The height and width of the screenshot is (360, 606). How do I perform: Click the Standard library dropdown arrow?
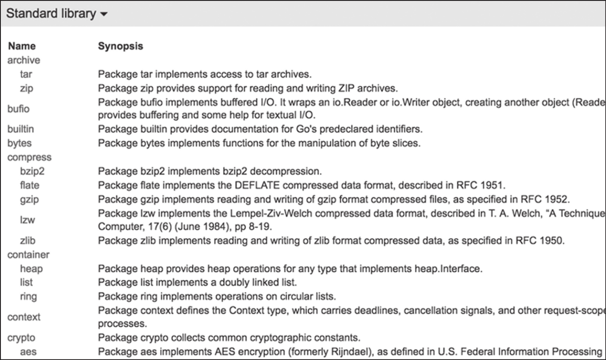(x=104, y=14)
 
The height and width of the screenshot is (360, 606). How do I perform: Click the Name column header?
(x=22, y=46)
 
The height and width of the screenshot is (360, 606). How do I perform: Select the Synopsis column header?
(x=121, y=46)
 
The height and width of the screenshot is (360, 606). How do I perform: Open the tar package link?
(x=26, y=74)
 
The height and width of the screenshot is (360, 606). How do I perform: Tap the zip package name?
(x=27, y=88)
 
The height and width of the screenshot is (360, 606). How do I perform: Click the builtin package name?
(x=20, y=129)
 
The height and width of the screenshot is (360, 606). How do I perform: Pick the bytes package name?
(x=20, y=143)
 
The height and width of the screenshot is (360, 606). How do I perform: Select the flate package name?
(x=29, y=185)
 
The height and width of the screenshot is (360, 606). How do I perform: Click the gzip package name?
(x=29, y=199)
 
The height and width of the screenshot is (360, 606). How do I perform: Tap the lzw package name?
(x=28, y=220)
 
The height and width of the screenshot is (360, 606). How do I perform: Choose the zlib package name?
(x=28, y=241)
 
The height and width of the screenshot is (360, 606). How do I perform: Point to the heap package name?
(x=31, y=268)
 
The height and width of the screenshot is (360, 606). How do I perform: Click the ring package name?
(x=28, y=296)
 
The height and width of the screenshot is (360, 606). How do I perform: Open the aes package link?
(x=28, y=352)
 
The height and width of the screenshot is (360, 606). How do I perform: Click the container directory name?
(x=28, y=255)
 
